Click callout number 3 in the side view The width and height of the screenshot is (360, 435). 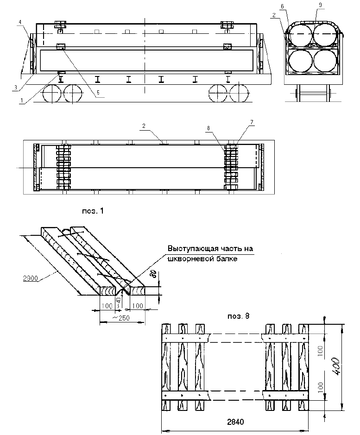(x=16, y=87)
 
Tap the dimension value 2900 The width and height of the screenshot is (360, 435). (x=30, y=278)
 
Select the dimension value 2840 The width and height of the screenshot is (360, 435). (x=235, y=422)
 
